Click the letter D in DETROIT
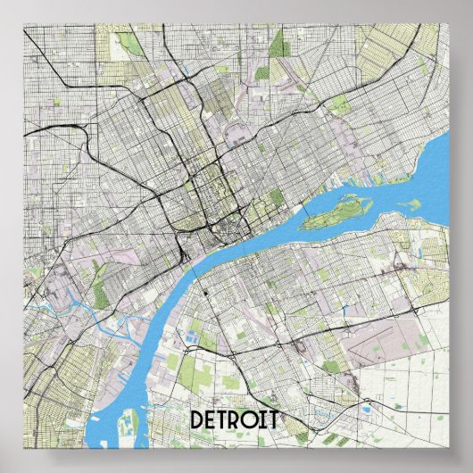coord(198,419)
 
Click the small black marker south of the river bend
coord(204,292)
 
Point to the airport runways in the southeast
coord(393,339)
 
